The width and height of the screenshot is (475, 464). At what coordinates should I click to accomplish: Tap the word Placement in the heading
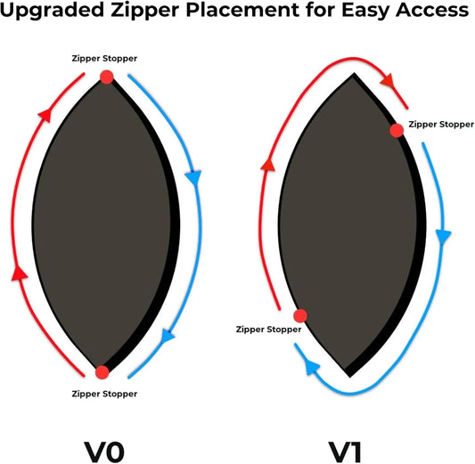(242, 10)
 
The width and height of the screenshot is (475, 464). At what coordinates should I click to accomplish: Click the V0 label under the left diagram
(104, 452)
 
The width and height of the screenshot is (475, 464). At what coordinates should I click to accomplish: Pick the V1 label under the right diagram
(345, 452)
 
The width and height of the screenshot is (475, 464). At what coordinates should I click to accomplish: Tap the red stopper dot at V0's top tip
(107, 77)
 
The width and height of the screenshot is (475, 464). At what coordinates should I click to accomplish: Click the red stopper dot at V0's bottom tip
(102, 372)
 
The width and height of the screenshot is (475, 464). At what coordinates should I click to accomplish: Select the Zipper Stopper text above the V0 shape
(104, 59)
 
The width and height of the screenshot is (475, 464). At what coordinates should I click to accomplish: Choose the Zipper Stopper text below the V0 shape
(104, 394)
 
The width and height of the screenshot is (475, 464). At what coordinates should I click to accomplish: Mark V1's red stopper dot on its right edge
(397, 130)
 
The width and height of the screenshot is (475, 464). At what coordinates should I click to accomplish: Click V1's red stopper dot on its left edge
(300, 315)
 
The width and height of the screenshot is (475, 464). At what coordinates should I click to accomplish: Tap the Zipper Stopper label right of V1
(441, 125)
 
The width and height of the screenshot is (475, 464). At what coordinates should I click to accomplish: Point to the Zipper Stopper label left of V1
(268, 330)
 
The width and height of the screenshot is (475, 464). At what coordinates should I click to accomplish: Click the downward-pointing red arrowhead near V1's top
(388, 80)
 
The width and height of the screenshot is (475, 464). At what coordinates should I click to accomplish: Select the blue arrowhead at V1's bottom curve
(312, 367)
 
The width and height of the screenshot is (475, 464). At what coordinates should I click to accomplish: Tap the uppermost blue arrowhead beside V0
(193, 178)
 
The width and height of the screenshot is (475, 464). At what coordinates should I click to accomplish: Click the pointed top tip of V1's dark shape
(354, 74)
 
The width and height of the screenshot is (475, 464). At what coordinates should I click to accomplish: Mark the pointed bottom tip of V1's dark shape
(350, 377)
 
